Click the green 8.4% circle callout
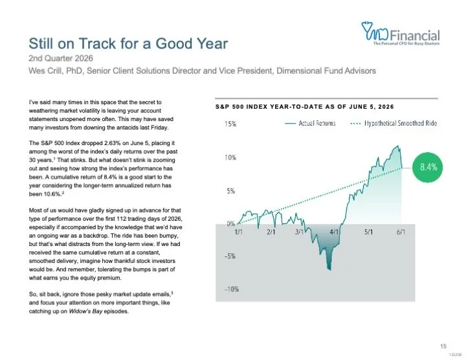point(428,167)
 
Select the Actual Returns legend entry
point(310,123)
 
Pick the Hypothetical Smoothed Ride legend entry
point(394,123)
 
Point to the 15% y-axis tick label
point(230,124)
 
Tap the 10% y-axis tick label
point(230,157)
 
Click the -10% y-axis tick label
point(232,289)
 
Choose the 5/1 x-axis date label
point(368,232)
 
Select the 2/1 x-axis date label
point(271,232)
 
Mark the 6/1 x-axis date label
point(401,232)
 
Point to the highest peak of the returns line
point(397,146)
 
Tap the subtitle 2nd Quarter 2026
point(61,58)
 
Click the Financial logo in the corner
point(401,33)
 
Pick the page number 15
point(443,346)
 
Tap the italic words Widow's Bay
point(85,311)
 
